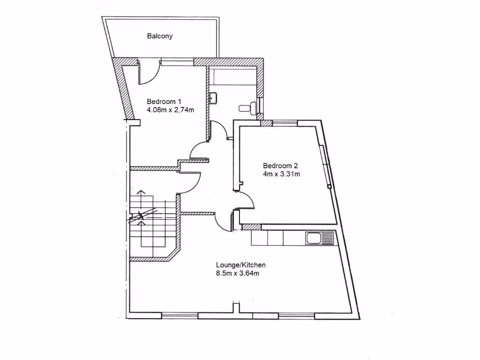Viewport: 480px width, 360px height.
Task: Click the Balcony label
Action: coord(160,36)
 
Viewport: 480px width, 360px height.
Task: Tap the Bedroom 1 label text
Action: coord(164,102)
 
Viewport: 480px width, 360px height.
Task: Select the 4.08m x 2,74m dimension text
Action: coord(170,110)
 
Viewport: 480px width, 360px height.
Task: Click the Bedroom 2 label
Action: coord(280,165)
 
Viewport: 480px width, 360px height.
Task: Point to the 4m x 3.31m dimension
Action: coord(281,174)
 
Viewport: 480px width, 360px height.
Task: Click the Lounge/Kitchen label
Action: coord(240,265)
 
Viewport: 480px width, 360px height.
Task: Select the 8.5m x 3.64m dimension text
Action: coord(238,273)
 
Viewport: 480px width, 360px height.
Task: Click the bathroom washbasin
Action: coord(213,98)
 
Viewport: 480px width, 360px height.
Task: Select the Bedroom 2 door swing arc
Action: coord(246,201)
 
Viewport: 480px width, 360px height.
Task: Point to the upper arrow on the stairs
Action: coord(139,197)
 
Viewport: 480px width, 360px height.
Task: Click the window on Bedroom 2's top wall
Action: coord(285,123)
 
